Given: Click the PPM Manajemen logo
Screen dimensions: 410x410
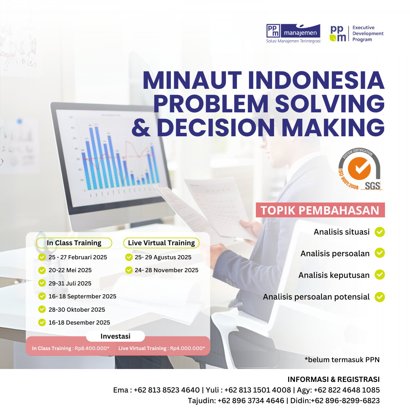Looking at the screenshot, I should click(x=293, y=33).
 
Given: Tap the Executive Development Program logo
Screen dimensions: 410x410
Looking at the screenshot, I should click(x=356, y=33).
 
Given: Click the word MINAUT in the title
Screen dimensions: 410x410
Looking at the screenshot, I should click(x=192, y=81).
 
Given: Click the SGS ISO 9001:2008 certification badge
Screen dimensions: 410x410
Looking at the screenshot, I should click(x=360, y=170).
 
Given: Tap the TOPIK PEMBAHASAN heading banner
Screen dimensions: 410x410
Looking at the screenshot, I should click(x=320, y=210).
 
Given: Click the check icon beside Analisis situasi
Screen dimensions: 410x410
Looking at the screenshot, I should click(x=380, y=232).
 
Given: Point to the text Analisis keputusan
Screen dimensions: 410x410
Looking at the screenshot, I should click(x=334, y=275).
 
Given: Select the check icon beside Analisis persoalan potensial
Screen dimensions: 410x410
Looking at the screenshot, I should click(x=380, y=296).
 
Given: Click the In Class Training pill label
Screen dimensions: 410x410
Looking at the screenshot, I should click(x=74, y=243).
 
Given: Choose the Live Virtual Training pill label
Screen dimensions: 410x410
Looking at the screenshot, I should click(x=161, y=243).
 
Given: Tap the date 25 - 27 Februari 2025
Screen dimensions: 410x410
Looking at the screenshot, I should click(x=78, y=257).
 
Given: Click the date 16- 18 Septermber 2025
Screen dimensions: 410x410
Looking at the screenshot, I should click(x=82, y=296).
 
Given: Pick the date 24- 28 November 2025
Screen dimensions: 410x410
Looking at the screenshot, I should click(x=167, y=270).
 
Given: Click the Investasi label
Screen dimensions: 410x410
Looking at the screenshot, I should click(x=115, y=336).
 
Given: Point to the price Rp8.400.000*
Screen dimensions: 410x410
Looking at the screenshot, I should click(x=92, y=348).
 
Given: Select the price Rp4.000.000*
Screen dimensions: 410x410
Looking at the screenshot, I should click(x=188, y=348).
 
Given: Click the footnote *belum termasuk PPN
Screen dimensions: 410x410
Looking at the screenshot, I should click(x=342, y=360).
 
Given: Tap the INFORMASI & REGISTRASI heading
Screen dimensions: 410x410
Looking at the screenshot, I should click(x=334, y=379).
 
